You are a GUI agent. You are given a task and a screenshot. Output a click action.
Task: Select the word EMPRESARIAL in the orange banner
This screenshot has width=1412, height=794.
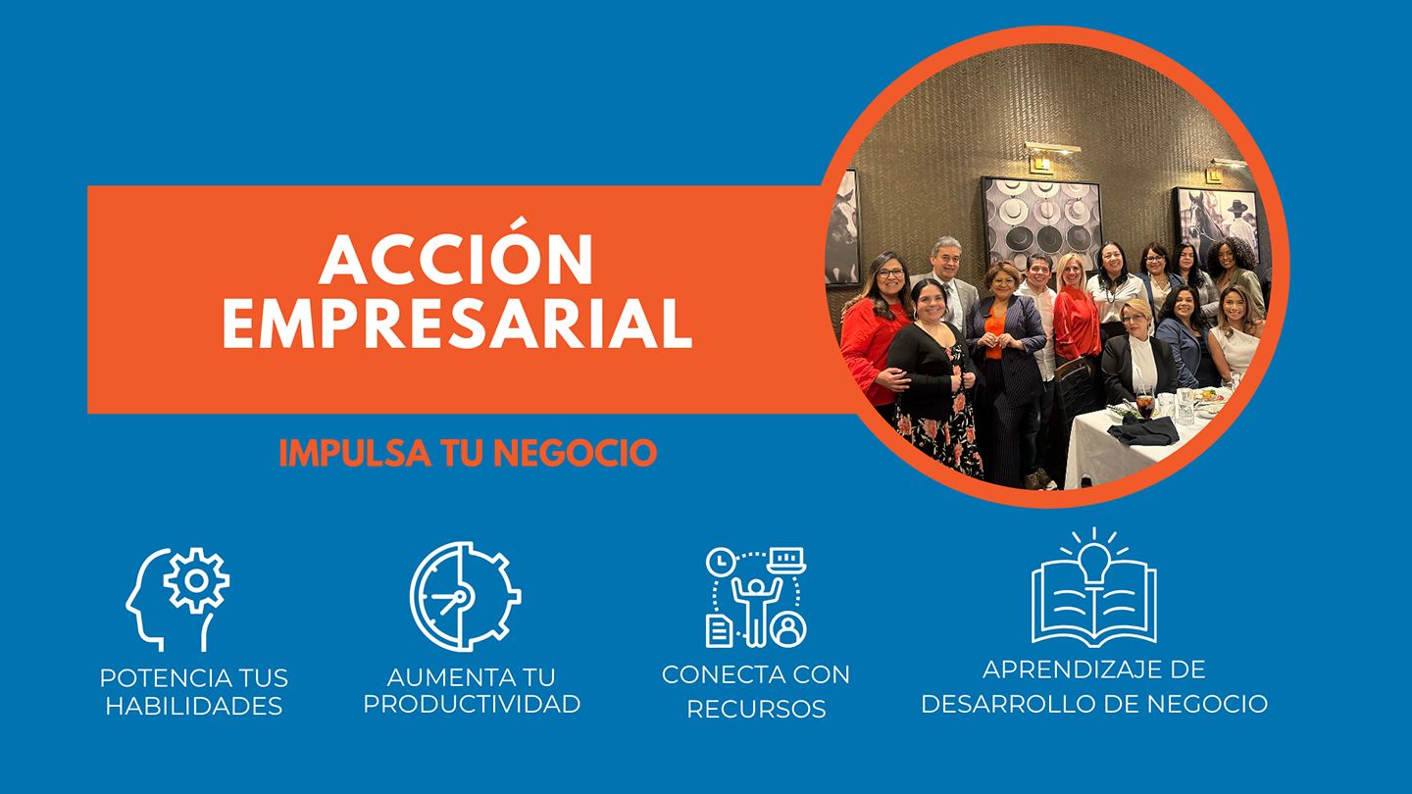[458, 323]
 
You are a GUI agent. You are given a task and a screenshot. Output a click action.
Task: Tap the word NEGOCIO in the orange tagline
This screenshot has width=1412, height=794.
[575, 453]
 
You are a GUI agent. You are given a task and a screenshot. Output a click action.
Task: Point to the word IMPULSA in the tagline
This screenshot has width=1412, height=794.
[355, 453]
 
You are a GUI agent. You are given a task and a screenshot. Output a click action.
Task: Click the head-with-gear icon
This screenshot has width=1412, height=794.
[177, 599]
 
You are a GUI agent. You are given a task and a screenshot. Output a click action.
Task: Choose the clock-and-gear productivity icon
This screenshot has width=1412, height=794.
[465, 596]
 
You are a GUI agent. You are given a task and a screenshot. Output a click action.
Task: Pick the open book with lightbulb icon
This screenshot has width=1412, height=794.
[1094, 588]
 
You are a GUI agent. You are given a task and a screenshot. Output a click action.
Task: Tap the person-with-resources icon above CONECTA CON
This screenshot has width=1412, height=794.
[756, 597]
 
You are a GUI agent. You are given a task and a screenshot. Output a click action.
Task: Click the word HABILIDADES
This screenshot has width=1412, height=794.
[193, 707]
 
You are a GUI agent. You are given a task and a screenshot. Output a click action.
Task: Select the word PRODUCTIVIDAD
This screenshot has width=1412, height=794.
[472, 705]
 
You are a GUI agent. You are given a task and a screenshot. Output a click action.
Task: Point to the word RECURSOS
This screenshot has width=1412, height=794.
[756, 710]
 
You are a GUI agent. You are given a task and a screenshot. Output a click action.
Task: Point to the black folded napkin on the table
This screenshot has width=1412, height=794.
[1143, 431]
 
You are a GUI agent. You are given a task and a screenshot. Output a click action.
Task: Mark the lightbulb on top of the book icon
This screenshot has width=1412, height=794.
[1094, 562]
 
